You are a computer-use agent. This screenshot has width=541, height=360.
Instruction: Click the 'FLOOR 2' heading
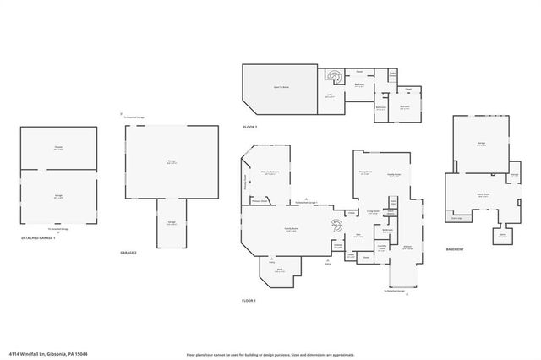(x=249, y=127)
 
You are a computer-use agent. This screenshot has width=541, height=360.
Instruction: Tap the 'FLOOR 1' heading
(x=249, y=300)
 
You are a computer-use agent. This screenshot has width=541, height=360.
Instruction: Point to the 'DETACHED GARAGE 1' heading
(x=38, y=238)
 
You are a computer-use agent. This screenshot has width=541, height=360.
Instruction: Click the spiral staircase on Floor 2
(x=336, y=79)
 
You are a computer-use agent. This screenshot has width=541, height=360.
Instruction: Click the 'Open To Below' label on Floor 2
(x=282, y=86)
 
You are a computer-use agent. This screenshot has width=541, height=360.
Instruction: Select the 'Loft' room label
(x=330, y=96)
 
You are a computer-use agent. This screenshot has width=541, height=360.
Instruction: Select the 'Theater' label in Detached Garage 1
(x=58, y=149)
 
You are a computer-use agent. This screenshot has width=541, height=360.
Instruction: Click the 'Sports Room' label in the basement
(x=483, y=194)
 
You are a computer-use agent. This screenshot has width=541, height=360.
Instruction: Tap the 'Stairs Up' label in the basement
(x=456, y=218)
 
